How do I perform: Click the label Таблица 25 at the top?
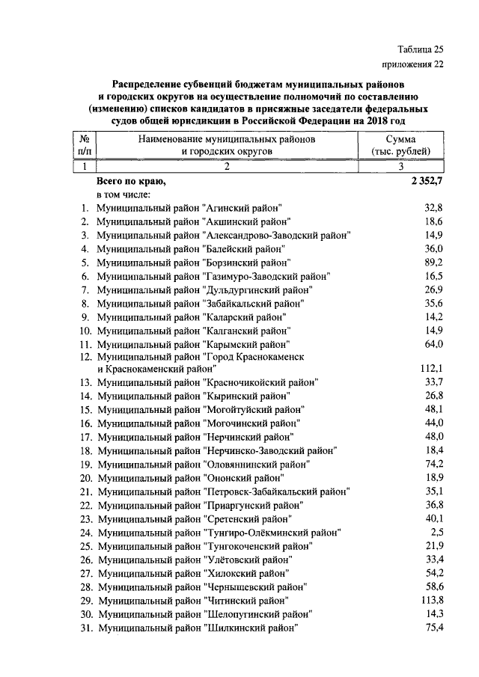(x=419, y=49)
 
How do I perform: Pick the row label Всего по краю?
(x=131, y=181)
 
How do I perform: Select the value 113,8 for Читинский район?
(x=430, y=600)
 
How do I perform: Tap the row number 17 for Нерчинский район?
(x=85, y=437)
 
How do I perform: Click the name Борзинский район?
(x=246, y=263)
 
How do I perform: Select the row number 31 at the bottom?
(x=85, y=628)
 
